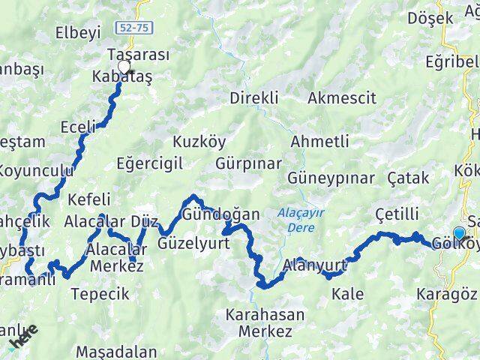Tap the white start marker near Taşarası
coord(123,65)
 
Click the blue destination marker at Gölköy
coord(459,233)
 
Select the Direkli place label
coord(254,97)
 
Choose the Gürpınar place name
coord(248,163)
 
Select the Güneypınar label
coord(331,178)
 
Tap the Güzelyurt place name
coord(193,243)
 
